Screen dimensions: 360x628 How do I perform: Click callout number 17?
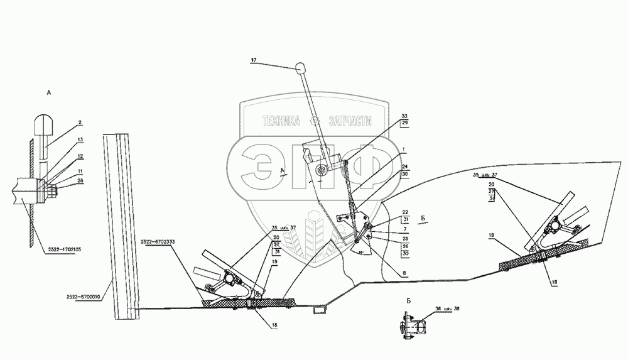(x=253, y=61)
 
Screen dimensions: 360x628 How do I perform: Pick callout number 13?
(x=81, y=139)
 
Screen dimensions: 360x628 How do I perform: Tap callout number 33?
(x=404, y=117)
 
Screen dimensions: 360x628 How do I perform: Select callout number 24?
(x=405, y=166)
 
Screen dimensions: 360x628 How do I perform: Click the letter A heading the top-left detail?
(x=48, y=92)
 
